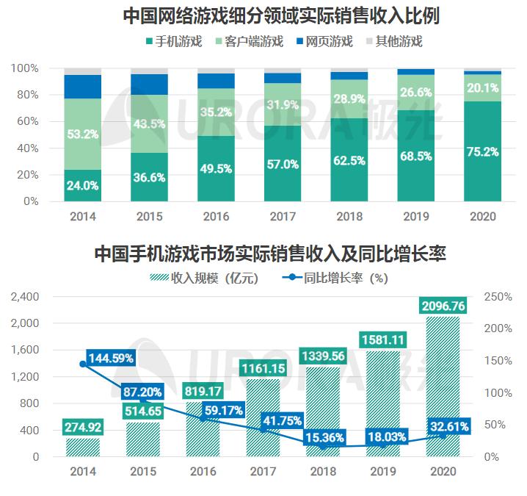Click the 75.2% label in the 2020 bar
click(482, 152)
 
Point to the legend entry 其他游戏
click(398, 41)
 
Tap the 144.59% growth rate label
click(111, 358)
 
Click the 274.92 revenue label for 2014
click(82, 425)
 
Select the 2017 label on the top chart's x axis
click(283, 217)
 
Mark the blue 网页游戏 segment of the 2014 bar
click(83, 87)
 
